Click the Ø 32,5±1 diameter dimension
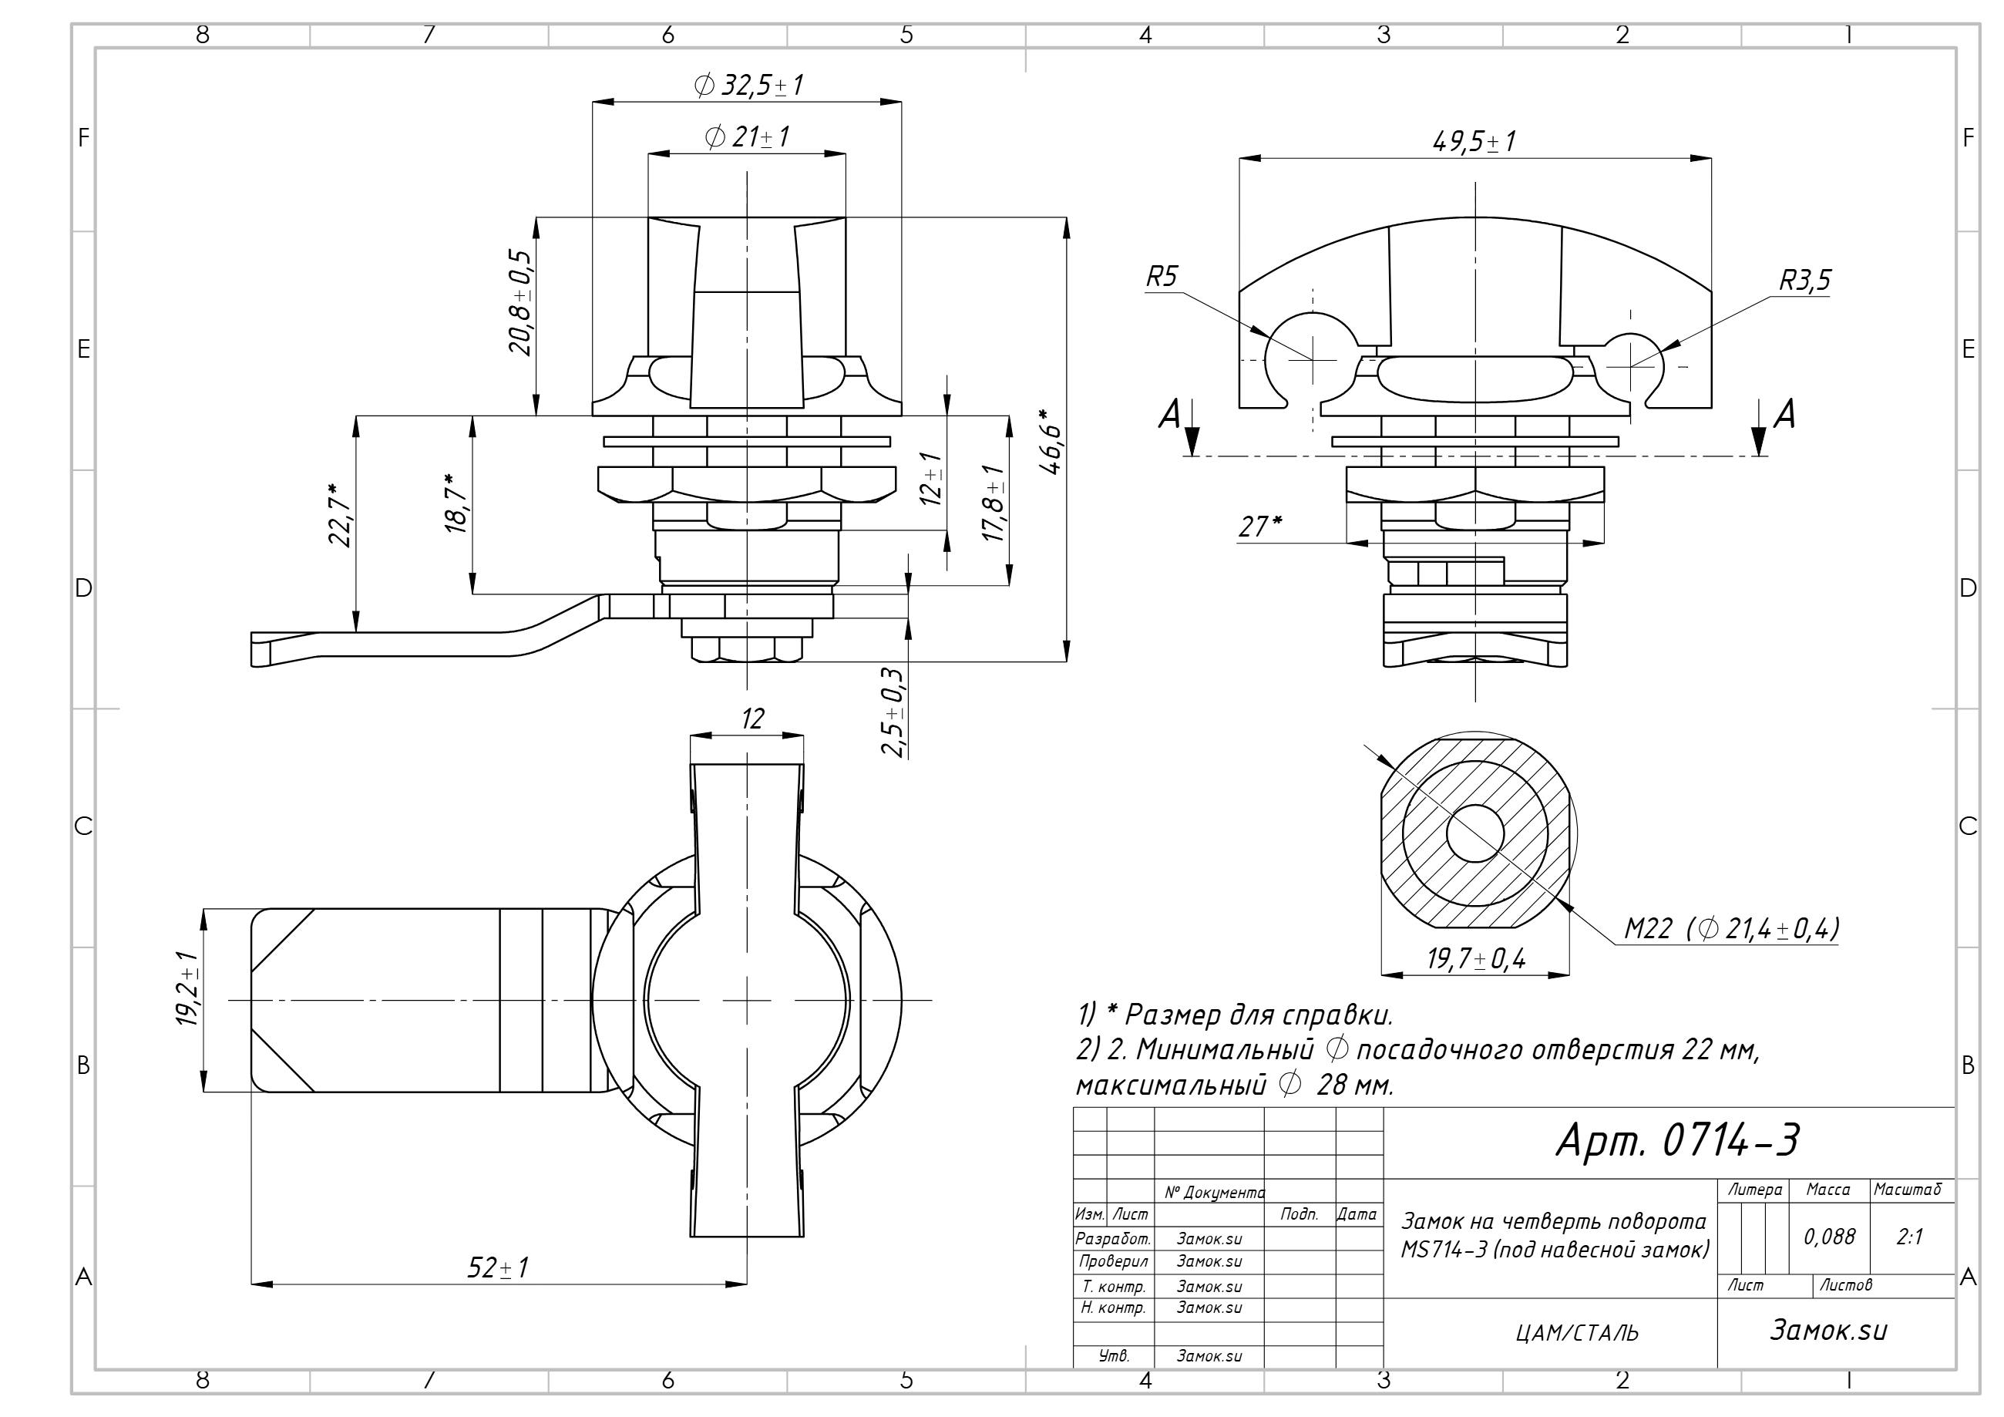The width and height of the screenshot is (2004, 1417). [x=748, y=86]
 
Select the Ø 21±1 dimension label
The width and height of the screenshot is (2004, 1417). [x=747, y=137]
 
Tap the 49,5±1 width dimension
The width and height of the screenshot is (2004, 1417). [x=1474, y=141]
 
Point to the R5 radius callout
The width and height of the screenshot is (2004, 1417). [x=1162, y=278]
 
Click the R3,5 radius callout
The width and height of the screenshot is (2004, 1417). [x=1805, y=281]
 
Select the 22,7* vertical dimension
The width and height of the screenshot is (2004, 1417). [x=340, y=514]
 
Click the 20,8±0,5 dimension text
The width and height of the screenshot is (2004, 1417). [x=520, y=302]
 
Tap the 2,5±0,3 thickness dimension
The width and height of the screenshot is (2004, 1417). [x=891, y=712]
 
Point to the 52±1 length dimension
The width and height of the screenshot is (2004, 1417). [x=497, y=1267]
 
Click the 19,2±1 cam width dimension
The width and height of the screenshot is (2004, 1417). [x=187, y=989]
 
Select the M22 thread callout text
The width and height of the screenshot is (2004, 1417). [x=1732, y=928]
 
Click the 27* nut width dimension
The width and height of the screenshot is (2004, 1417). [x=1260, y=527]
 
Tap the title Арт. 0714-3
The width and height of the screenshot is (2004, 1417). [x=1677, y=1139]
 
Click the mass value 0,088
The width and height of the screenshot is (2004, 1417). [x=1830, y=1237]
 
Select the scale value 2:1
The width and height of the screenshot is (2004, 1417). [x=1910, y=1237]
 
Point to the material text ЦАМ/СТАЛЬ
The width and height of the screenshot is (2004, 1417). [x=1577, y=1333]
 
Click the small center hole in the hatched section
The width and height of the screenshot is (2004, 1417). [x=1475, y=833]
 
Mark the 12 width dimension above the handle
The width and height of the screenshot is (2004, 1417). [x=751, y=719]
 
